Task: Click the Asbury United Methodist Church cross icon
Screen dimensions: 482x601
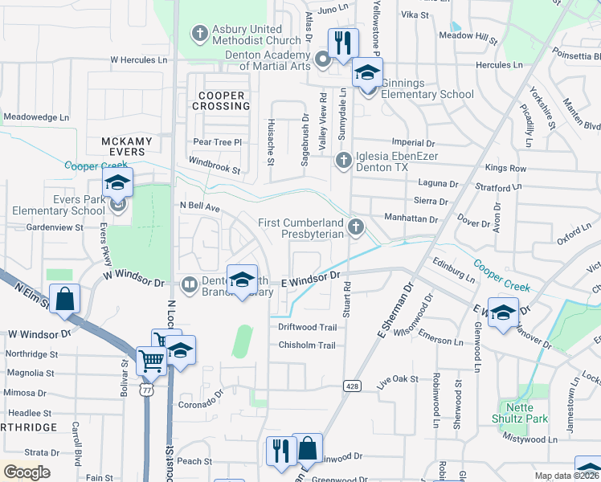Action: point(199,34)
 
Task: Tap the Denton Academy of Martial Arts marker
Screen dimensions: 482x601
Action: point(323,59)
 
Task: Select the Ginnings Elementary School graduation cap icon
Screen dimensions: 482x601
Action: point(367,73)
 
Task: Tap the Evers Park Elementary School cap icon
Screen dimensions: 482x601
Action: point(117,183)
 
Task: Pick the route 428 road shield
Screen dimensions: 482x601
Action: point(350,386)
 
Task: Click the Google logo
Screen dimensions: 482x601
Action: point(27,472)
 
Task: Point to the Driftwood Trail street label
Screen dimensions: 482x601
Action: point(307,327)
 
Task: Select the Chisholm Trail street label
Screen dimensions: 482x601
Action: point(306,345)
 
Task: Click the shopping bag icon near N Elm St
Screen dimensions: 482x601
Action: point(65,299)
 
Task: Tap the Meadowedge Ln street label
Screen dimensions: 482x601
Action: point(36,116)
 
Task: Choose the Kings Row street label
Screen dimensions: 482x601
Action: point(505,169)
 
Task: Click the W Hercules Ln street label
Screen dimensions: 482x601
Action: point(138,59)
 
